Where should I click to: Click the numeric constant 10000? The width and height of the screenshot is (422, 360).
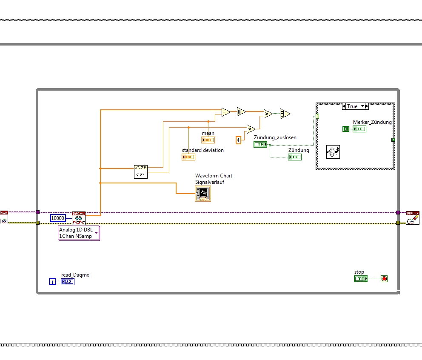(x=58, y=218)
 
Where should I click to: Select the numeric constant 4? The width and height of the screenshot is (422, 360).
(x=239, y=140)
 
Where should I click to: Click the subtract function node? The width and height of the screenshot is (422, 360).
(x=225, y=112)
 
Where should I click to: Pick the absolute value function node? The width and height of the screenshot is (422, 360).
(x=241, y=112)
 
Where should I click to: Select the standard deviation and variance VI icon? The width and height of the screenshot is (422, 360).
(x=141, y=171)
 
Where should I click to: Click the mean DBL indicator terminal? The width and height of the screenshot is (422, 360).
(x=208, y=140)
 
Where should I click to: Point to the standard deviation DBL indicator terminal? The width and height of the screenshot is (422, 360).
(x=188, y=157)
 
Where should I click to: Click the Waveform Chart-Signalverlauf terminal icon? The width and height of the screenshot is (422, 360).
(x=203, y=194)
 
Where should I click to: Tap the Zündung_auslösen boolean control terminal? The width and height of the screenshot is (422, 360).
(x=260, y=144)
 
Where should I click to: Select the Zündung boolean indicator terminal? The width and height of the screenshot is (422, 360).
(x=295, y=157)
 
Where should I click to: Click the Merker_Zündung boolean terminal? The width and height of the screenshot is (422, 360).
(x=359, y=129)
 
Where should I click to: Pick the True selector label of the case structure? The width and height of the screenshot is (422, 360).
(x=353, y=106)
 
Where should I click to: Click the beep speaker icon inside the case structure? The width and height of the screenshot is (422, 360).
(x=333, y=152)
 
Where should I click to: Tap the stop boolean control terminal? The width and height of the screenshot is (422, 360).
(x=360, y=279)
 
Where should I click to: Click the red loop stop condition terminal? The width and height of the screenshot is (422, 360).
(x=384, y=279)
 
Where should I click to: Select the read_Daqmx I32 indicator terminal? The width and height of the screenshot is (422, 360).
(x=67, y=282)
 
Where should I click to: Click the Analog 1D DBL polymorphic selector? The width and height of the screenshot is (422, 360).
(x=79, y=233)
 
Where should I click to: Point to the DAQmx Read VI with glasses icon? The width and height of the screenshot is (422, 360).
(x=79, y=218)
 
